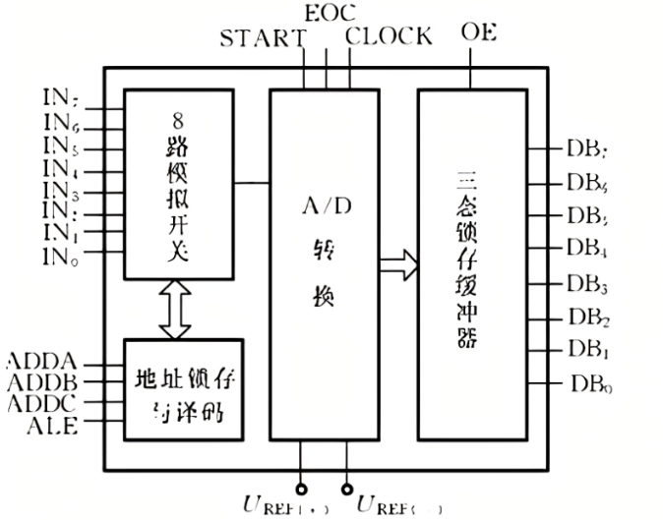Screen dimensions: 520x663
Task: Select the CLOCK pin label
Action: pyautogui.click(x=389, y=37)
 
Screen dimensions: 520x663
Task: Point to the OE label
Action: pyautogui.click(x=478, y=31)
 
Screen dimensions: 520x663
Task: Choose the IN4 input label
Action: pyautogui.click(x=61, y=167)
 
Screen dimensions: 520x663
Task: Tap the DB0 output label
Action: pyautogui.click(x=590, y=383)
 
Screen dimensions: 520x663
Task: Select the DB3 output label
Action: pyautogui.click(x=588, y=286)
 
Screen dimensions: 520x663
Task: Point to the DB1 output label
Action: pyautogui.click(x=588, y=349)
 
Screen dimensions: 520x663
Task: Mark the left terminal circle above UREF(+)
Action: pyautogui.click(x=301, y=489)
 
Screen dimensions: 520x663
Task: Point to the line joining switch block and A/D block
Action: pyautogui.click(x=253, y=182)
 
